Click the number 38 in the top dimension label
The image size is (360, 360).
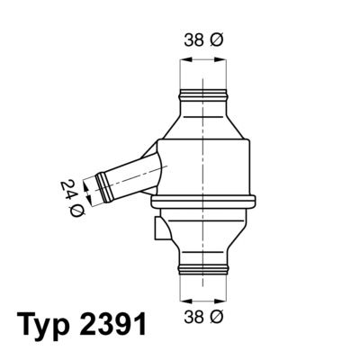pos(193,40)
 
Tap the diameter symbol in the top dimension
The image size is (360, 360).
pos(217,40)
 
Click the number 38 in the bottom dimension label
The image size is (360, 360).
pos(193,317)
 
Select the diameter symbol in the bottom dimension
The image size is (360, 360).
pos(217,317)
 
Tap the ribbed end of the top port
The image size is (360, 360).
pos(202,94)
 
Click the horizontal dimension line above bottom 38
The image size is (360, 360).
pos(202,298)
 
